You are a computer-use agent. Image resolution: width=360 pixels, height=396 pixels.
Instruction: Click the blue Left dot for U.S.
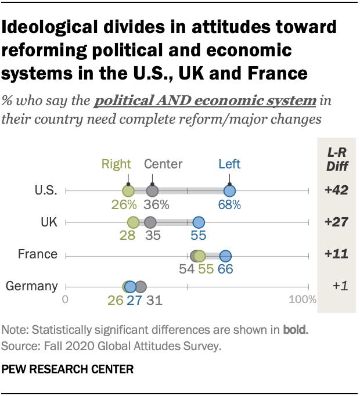(229, 190)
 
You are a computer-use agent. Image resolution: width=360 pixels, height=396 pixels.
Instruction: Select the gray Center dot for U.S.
(152, 190)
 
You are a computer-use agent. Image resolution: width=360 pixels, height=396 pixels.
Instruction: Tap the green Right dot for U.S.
(128, 190)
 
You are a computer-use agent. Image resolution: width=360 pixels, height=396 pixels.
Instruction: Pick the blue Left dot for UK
(199, 222)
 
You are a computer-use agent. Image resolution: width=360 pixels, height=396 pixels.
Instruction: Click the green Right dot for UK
(133, 222)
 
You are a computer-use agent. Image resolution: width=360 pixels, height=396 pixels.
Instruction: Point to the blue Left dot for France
(225, 255)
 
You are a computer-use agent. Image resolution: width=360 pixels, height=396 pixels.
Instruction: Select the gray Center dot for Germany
(140, 286)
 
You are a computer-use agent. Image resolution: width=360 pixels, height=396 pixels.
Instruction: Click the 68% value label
(229, 204)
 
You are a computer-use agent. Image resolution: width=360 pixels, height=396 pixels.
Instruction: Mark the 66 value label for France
(225, 269)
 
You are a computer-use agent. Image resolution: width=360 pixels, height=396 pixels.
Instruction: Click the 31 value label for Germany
(153, 300)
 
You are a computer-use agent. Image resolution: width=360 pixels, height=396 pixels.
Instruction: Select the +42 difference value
(336, 190)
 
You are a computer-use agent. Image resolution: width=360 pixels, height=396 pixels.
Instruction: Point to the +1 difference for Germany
(336, 286)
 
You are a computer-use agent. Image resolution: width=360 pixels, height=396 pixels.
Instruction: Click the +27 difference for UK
(336, 222)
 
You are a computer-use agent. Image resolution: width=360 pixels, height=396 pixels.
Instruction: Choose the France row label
(37, 254)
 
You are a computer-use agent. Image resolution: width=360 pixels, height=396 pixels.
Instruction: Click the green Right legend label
(116, 164)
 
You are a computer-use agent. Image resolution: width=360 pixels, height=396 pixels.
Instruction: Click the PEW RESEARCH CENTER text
(68, 369)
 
